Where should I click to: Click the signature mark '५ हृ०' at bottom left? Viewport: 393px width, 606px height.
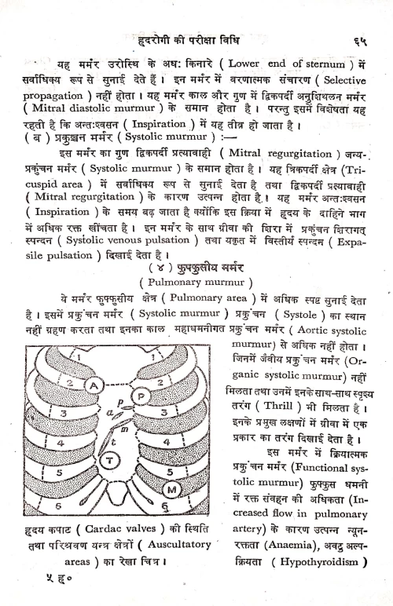point(61,584)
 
